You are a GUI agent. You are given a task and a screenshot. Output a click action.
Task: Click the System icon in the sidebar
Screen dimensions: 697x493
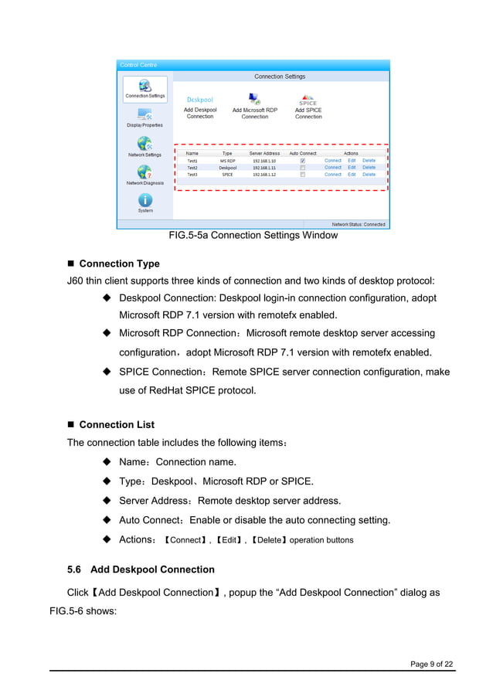click(x=145, y=199)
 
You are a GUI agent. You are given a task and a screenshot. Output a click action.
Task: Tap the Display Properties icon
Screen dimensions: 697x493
click(x=145, y=114)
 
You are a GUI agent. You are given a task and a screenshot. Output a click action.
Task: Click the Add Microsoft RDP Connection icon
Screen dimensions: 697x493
click(x=254, y=100)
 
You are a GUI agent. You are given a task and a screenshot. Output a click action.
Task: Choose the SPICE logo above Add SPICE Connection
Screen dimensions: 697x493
click(x=308, y=100)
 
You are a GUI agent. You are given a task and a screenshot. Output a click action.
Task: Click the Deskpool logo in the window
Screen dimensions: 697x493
click(x=199, y=100)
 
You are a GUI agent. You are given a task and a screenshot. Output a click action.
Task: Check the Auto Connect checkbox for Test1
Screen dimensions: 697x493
click(x=302, y=161)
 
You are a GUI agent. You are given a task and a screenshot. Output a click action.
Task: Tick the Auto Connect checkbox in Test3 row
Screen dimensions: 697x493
click(x=302, y=175)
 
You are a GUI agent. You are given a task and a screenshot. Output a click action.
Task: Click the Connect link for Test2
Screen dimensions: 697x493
click(x=332, y=168)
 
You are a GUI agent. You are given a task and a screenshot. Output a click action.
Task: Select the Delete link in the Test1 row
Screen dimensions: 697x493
click(x=369, y=161)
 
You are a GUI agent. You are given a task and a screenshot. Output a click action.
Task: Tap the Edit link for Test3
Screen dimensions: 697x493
click(x=352, y=175)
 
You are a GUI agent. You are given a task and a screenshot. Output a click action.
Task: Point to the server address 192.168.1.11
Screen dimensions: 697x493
click(x=264, y=168)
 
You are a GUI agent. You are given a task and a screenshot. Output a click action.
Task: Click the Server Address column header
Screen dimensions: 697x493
click(x=264, y=154)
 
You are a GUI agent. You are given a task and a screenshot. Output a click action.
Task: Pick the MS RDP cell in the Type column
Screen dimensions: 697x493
click(x=227, y=161)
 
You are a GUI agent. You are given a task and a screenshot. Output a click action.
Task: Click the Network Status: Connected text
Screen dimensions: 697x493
click(x=359, y=224)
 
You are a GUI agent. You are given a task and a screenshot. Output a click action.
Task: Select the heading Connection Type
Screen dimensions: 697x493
click(x=119, y=264)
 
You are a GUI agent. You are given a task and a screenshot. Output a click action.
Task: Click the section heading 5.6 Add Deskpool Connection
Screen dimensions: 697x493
click(x=141, y=569)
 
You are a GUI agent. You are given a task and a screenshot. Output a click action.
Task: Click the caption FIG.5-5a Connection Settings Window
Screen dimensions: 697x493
click(x=253, y=236)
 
